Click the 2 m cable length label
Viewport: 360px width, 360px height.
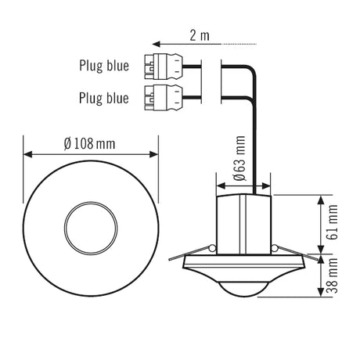200,35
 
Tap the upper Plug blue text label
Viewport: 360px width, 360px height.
104,66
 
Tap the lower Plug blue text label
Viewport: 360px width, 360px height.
104,98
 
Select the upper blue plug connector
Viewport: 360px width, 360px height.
164,66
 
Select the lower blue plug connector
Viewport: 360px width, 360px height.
164,97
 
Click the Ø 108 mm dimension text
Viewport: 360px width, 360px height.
89,143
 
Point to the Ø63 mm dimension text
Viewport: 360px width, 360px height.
239,158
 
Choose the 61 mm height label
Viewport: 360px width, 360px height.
333,222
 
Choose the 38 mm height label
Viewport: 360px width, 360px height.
333,275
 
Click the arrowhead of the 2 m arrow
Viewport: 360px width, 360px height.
156,44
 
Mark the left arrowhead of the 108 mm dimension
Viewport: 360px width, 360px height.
27,154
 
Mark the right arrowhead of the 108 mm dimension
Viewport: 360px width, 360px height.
153,154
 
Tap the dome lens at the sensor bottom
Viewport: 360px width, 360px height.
244,290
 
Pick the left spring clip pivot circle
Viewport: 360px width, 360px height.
213,248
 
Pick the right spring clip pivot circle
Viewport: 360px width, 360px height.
275,248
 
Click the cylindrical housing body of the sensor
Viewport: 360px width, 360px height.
244,225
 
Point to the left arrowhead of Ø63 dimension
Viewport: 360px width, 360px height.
221,185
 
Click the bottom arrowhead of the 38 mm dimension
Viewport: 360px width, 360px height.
321,292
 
